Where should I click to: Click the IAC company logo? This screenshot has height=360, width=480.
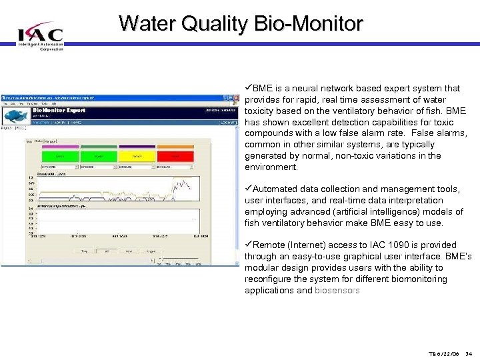pos(40,35)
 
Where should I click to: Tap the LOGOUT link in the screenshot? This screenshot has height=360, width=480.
pos(229,123)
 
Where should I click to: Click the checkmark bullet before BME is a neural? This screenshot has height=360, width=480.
pos(248,88)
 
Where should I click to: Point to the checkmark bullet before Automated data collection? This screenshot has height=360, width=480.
pos(248,189)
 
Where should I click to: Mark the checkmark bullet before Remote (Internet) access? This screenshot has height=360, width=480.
pos(248,245)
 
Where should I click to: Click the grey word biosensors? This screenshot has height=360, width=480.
pos(337,291)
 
